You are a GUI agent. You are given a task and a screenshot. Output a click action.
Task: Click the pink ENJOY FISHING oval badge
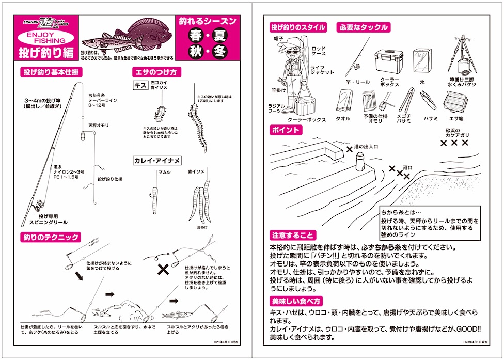coord(45,37)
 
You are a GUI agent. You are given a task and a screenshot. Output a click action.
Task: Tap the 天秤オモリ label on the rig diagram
coord(97,125)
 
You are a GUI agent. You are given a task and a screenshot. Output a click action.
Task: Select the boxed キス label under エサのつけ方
coord(140,86)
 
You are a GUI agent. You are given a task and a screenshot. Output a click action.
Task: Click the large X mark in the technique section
coord(163,269)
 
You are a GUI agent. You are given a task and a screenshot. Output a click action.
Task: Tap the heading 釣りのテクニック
coord(50,237)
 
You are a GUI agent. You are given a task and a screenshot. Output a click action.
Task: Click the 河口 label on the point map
coord(408,167)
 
